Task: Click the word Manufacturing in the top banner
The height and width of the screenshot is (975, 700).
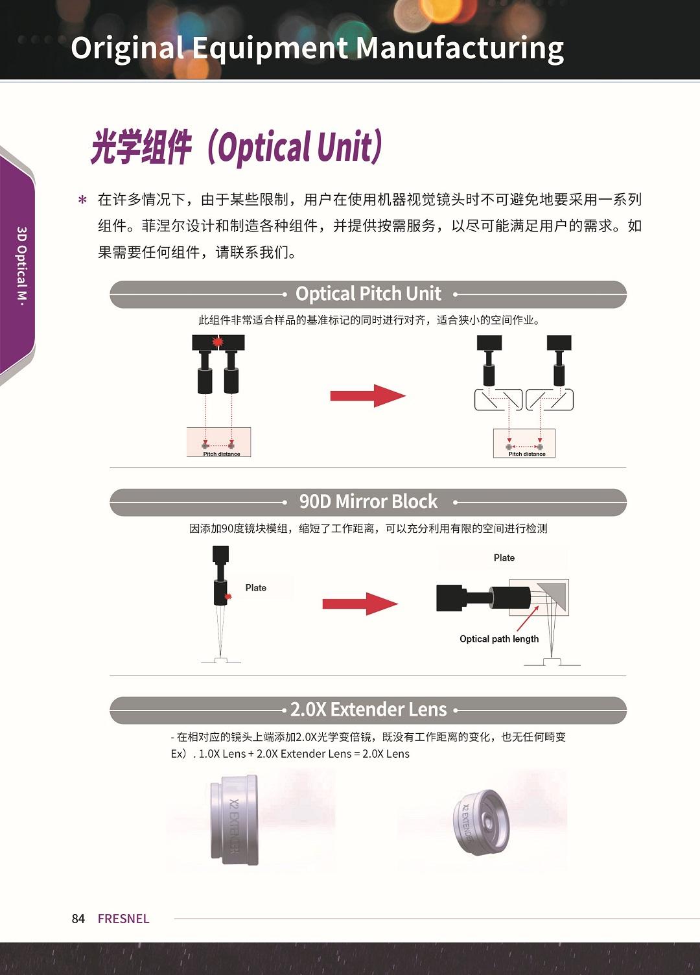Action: pos(460,49)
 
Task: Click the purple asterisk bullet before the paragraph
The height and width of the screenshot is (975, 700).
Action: pos(82,200)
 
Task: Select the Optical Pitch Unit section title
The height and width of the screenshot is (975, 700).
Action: pos(368,294)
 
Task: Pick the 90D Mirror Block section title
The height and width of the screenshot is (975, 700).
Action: pos(368,501)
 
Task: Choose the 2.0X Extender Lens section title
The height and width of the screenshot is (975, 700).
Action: pos(368,709)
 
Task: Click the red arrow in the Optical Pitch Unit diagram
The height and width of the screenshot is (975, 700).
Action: pos(368,395)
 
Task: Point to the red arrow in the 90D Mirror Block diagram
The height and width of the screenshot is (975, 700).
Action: pos(360,604)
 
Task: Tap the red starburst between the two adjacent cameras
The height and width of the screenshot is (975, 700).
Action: pos(218,342)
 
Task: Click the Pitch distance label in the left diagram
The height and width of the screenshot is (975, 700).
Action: pos(222,454)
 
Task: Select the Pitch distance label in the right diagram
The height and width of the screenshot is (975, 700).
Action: pos(527,454)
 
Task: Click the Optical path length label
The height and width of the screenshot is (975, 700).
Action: pos(499,639)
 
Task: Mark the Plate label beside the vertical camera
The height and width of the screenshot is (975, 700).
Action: pos(256,587)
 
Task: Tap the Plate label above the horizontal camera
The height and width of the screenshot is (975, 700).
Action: pos(504,558)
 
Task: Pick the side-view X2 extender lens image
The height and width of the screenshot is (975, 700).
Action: pos(235,819)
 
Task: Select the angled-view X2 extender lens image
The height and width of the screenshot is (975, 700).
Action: pos(481,822)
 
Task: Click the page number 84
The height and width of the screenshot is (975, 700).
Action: pos(78,919)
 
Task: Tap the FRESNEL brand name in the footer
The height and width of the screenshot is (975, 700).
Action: pos(124,919)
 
